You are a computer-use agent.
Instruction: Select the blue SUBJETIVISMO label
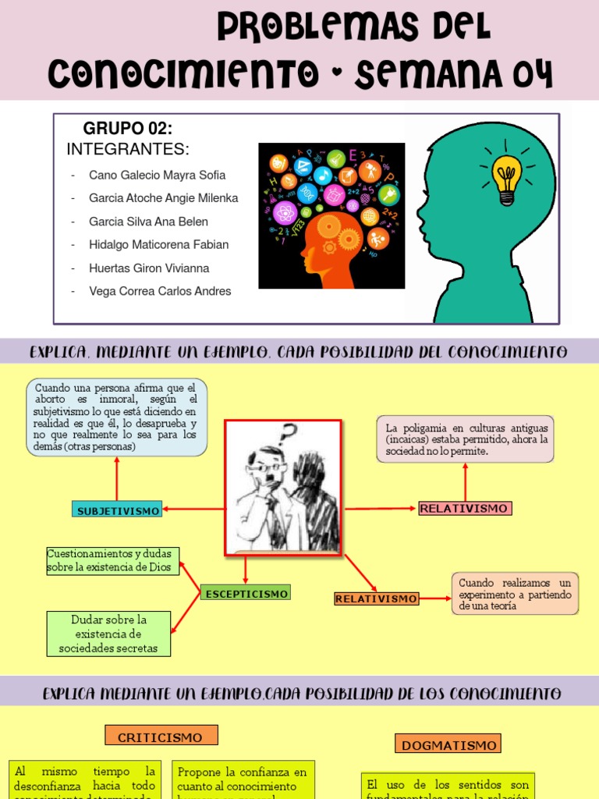tap(118, 510)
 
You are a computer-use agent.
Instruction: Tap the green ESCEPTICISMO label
tap(246, 594)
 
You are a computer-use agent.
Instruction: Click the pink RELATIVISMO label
tap(464, 509)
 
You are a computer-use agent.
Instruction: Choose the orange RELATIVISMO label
tap(377, 598)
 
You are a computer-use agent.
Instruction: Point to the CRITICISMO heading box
tap(161, 737)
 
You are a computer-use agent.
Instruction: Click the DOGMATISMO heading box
tap(448, 744)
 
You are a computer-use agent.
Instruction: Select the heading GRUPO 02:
tap(128, 129)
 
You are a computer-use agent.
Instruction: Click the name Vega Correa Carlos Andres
tap(160, 291)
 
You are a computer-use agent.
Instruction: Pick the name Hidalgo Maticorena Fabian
tap(158, 244)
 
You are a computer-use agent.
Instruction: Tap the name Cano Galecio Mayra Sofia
tap(157, 175)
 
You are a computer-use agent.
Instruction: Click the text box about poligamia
tap(465, 439)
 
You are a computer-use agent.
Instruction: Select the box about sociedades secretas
tap(108, 634)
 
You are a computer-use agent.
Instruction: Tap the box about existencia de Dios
tap(113, 561)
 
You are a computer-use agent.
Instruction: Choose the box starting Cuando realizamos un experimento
tap(515, 594)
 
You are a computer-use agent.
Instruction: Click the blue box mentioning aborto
tap(117, 417)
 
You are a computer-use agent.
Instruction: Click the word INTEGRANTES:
tap(128, 149)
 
